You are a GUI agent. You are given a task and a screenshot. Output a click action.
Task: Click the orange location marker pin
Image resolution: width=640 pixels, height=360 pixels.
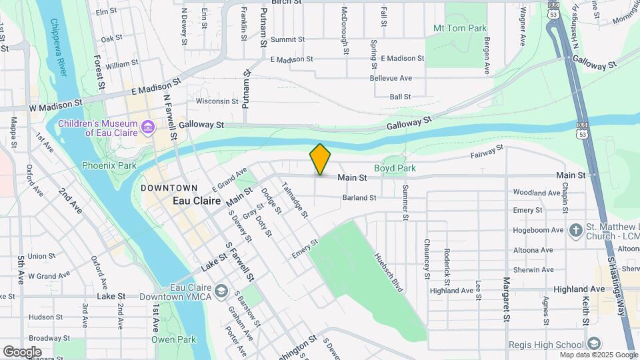click(x=320, y=159)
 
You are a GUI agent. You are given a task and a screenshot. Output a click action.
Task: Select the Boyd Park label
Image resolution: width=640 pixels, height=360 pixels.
click(x=395, y=169)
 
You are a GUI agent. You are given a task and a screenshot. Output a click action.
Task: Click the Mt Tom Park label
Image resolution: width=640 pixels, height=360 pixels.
click(x=460, y=28)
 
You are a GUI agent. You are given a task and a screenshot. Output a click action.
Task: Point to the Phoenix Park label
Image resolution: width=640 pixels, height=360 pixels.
click(x=109, y=165)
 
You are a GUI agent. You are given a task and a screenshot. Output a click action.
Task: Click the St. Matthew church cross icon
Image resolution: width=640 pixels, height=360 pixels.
click(x=576, y=231)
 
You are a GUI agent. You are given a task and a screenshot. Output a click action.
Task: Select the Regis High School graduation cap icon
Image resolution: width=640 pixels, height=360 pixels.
click(x=594, y=345)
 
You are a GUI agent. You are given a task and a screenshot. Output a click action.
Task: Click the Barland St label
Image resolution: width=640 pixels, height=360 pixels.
click(x=359, y=198)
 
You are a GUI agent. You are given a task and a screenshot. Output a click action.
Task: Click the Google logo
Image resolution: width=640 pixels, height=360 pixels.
click(x=22, y=351)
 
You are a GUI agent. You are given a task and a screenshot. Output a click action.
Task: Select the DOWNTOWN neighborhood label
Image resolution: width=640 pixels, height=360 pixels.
click(x=169, y=188)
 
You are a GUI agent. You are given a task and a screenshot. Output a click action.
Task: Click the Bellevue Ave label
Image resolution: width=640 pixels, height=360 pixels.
click(x=391, y=78)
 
